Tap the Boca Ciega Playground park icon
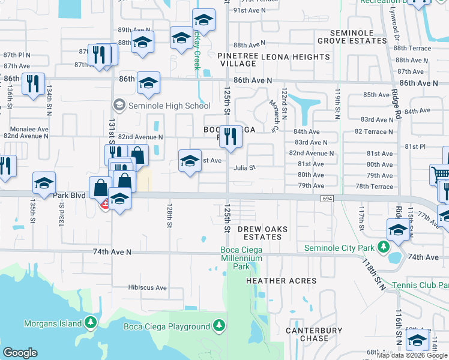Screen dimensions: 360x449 click(220, 326)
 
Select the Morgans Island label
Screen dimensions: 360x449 click(52, 324)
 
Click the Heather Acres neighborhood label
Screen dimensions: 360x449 click(281, 281)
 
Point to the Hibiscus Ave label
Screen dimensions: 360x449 click(147, 288)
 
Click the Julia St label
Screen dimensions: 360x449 click(245, 168)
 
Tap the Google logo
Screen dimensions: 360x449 click(20, 353)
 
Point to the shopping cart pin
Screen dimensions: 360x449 click(440, 175)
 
